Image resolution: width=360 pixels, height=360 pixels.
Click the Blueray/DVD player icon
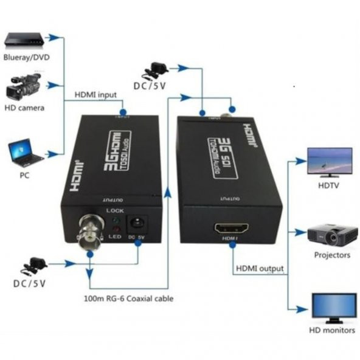click(24, 41)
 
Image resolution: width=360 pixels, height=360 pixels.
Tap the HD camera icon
click(23, 88)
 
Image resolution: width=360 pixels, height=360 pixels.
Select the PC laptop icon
click(26, 153)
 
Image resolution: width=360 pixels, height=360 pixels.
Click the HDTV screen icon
click(330, 161)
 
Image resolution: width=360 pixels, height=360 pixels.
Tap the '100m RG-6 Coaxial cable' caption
click(129, 299)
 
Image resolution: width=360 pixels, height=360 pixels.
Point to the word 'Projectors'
click(331, 255)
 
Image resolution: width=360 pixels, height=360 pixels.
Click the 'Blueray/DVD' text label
click(26, 59)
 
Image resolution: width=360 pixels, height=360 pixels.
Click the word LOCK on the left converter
click(114, 210)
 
